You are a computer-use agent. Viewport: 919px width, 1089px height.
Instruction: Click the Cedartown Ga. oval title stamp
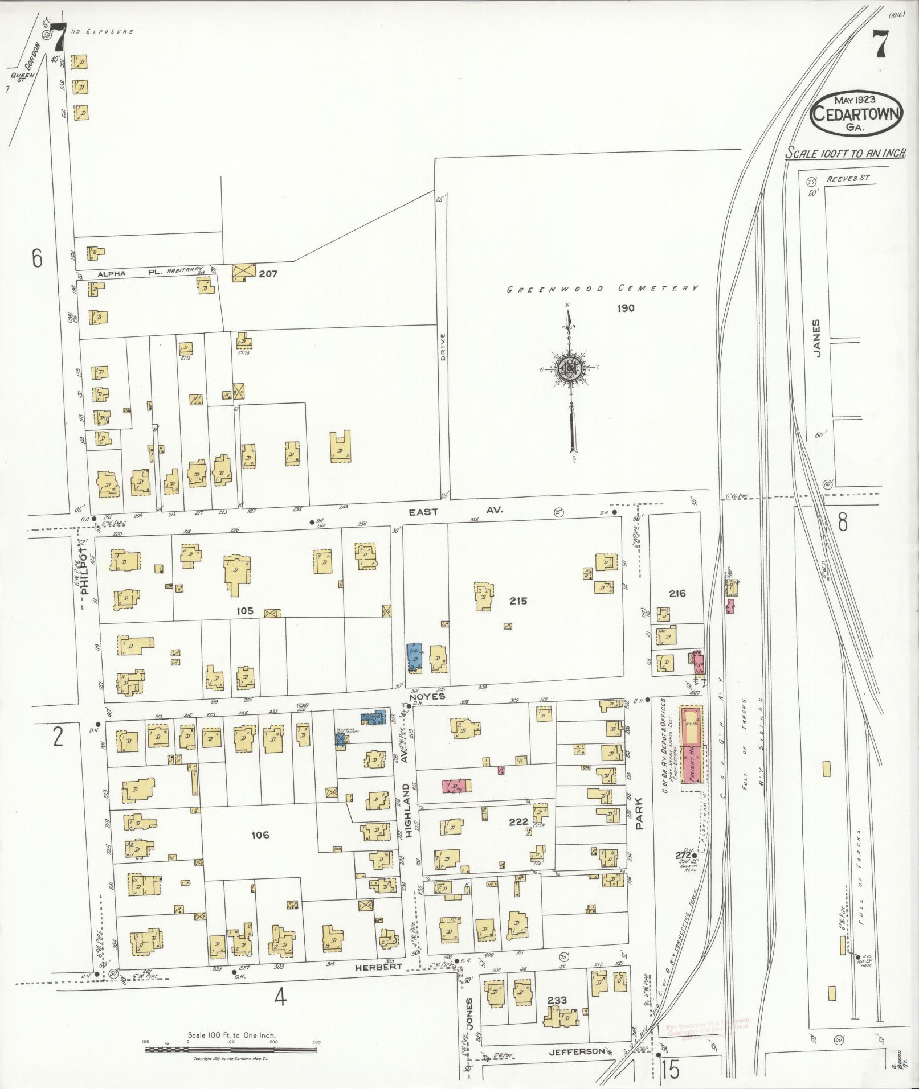(856, 114)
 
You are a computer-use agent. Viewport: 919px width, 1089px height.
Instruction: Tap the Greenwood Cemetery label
(603, 289)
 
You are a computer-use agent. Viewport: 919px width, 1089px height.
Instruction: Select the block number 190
(625, 309)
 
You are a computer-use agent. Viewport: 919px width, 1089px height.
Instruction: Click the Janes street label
(817, 338)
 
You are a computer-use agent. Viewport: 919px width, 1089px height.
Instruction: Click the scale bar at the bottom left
(231, 1048)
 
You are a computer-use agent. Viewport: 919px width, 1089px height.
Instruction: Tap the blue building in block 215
(414, 658)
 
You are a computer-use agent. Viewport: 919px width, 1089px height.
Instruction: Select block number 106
(259, 835)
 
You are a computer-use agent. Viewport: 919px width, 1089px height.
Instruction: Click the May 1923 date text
(856, 100)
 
